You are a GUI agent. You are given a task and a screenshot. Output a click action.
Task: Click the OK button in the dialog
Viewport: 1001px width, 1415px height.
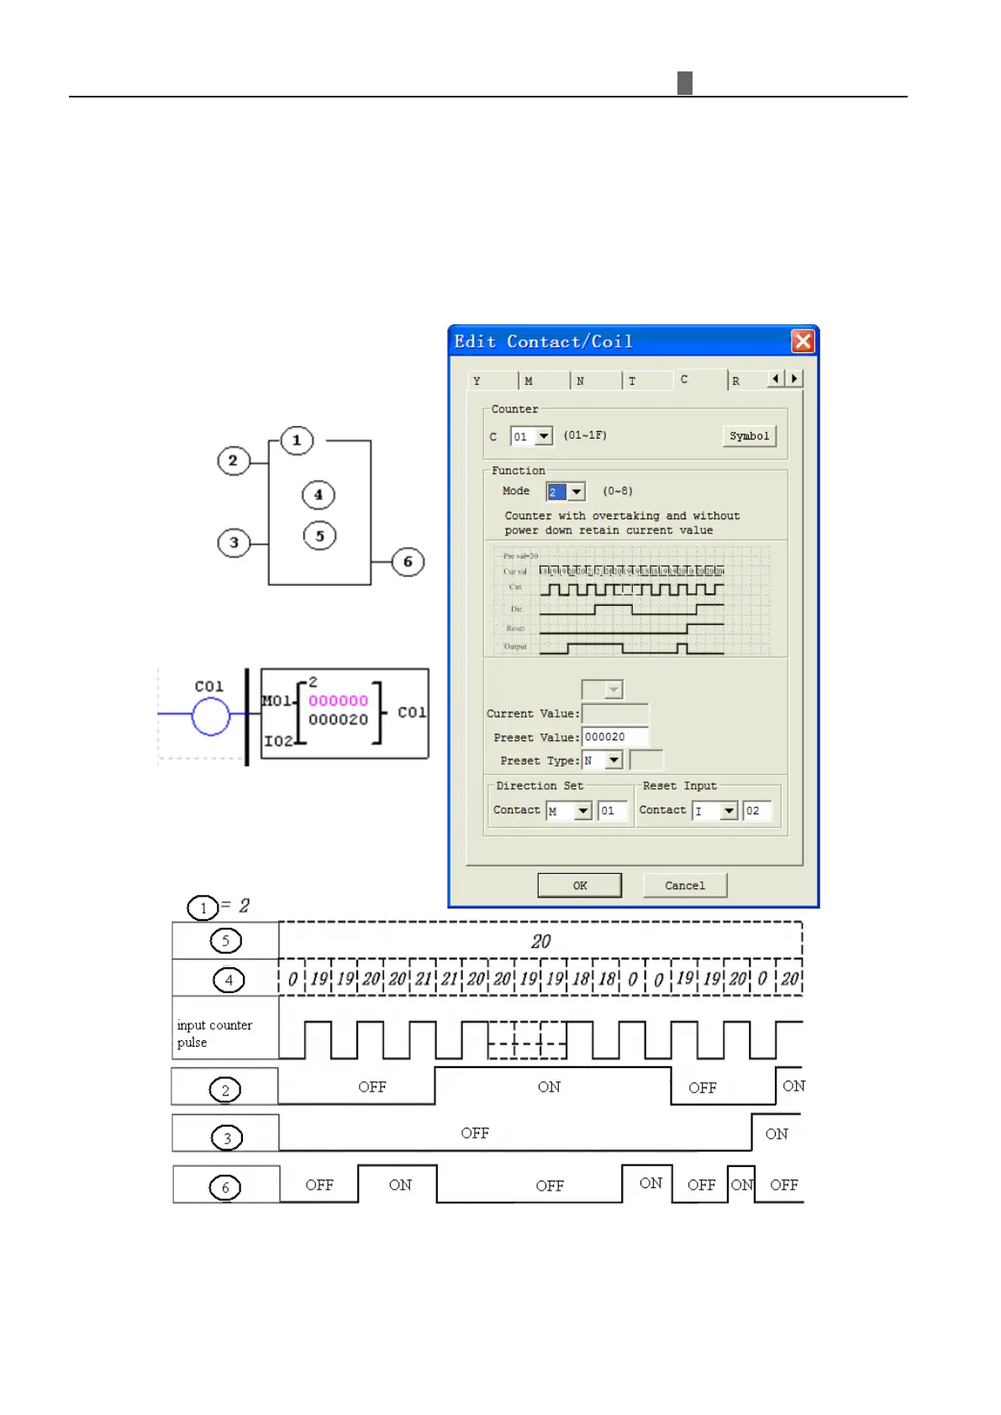tap(579, 885)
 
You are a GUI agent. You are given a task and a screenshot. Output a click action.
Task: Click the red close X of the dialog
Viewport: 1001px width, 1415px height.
tap(803, 341)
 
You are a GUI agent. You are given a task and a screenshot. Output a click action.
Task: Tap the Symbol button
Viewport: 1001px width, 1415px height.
tap(749, 435)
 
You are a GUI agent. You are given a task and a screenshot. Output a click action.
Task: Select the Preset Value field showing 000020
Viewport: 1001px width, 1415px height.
tap(614, 737)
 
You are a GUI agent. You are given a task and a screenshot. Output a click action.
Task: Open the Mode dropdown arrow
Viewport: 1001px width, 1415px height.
tap(577, 492)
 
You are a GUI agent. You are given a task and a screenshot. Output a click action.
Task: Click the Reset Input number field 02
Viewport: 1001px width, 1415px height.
tap(756, 811)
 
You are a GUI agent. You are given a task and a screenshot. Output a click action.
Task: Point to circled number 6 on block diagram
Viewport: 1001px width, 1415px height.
tap(408, 561)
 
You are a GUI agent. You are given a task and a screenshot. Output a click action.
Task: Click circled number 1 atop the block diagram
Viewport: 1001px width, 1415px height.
tap(296, 440)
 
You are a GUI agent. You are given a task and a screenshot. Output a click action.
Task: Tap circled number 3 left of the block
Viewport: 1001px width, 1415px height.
tap(234, 542)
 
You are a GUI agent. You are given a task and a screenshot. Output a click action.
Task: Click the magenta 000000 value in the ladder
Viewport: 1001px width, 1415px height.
tap(338, 701)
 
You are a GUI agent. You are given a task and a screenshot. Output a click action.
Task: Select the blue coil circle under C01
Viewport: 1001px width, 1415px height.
tap(210, 717)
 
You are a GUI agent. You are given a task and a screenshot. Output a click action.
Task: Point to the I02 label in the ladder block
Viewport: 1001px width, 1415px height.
tap(278, 740)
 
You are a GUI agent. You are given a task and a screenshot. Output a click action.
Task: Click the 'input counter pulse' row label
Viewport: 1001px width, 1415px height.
tap(214, 1034)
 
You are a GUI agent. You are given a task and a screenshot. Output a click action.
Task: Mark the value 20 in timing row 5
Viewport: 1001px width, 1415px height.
tap(540, 941)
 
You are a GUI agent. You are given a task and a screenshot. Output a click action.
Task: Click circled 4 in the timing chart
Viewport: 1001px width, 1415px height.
tap(229, 980)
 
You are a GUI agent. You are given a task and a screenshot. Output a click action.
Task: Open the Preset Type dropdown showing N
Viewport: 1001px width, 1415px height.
tap(614, 760)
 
